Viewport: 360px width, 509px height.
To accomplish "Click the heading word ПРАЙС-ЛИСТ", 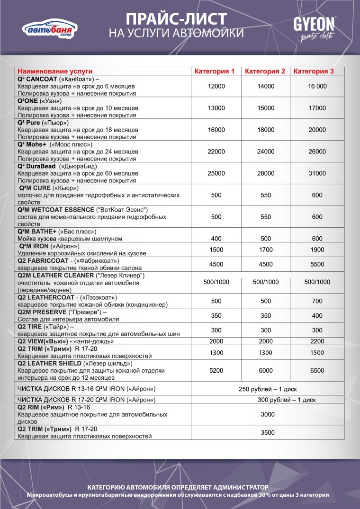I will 176,18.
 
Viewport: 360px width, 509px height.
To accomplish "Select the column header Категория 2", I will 265,71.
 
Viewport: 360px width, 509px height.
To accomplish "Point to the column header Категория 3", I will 314,71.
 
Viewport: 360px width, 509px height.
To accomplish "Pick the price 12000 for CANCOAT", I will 216,86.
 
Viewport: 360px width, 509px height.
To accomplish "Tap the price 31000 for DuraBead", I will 317,173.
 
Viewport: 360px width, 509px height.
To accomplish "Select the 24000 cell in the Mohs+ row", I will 265,152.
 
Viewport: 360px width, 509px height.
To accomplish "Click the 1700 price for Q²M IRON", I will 265,250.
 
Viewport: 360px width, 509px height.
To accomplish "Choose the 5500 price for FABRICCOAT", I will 317,264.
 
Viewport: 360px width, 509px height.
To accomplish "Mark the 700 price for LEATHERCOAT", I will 317,301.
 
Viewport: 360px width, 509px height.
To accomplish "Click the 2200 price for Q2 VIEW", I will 317,341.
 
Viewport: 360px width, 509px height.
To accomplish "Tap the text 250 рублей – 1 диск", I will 267,389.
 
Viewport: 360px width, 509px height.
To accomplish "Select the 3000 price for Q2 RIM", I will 268,414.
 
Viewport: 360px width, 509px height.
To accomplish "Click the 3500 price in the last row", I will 268,432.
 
